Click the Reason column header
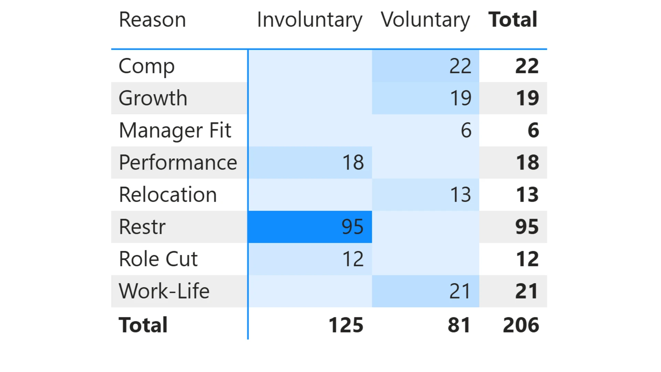point(152,20)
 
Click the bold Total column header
point(513,20)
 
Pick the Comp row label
point(147,66)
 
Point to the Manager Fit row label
point(175,130)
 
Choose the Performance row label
point(178,163)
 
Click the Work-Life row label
point(164,291)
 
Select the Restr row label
point(142,227)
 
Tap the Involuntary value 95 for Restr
point(353,227)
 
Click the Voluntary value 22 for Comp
point(460,66)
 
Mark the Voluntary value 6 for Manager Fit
point(466,131)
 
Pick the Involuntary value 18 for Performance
point(353,163)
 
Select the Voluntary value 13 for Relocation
point(461,195)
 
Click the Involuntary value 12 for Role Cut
point(353,259)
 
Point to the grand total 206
point(521,325)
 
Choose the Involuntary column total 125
point(346,325)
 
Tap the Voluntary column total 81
point(459,325)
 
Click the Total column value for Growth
point(527,98)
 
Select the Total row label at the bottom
point(143,325)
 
